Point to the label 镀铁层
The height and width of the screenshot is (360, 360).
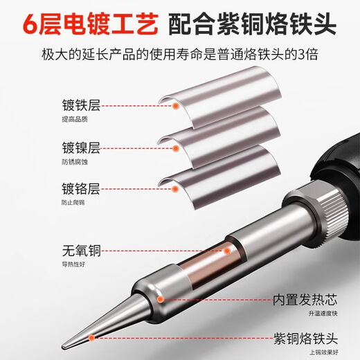81,107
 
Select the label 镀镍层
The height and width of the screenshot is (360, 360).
81,148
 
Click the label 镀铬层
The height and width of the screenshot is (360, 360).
81,188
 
